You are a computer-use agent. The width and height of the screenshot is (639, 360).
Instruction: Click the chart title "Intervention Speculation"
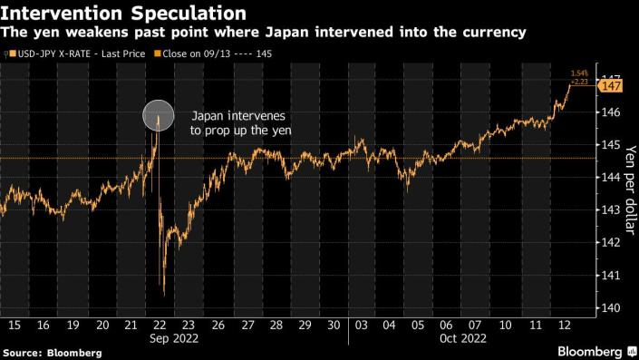pyautogui.click(x=123, y=13)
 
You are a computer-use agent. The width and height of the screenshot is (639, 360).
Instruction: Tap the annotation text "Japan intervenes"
pyautogui.click(x=238, y=116)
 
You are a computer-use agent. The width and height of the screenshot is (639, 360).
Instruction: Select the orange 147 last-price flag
pyautogui.click(x=611, y=86)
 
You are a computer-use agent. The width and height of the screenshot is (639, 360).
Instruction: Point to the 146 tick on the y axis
pyautogui.click(x=610, y=112)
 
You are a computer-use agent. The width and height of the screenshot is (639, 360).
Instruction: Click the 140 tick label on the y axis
pyautogui.click(x=610, y=307)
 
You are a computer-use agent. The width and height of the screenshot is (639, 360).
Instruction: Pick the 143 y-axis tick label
pyautogui.click(x=610, y=210)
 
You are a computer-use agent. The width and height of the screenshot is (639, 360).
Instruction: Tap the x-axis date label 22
pyautogui.click(x=160, y=325)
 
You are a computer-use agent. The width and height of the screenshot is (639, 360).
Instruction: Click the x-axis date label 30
pyautogui.click(x=334, y=325)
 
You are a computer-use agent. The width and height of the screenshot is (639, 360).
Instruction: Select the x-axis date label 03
pyautogui.click(x=361, y=325)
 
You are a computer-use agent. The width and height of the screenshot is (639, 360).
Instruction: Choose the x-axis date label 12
pyautogui.click(x=565, y=325)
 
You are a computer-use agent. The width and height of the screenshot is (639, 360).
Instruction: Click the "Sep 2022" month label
pyautogui.click(x=174, y=338)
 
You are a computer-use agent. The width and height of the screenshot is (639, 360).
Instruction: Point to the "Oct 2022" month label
pyautogui.click(x=463, y=338)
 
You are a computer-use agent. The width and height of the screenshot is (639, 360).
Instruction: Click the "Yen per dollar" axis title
pyautogui.click(x=631, y=190)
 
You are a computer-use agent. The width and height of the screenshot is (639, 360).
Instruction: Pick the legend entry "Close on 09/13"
pyautogui.click(x=214, y=54)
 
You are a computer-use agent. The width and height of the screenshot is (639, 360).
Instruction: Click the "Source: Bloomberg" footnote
pyautogui.click(x=53, y=353)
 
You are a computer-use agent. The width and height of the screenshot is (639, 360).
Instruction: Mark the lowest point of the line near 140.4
pyautogui.click(x=164, y=295)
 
